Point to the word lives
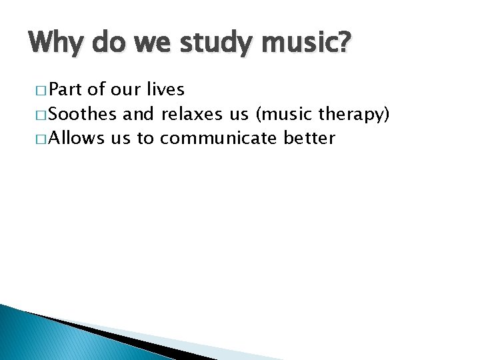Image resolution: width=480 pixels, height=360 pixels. click(164, 90)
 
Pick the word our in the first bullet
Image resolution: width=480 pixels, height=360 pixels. click(123, 90)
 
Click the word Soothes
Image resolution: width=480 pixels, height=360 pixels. click(83, 115)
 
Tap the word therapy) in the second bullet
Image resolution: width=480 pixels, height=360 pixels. click(353, 115)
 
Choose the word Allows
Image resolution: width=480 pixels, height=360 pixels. click(76, 138)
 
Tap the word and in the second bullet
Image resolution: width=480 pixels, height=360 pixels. click(139, 115)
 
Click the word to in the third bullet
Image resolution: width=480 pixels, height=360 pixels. click(145, 138)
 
